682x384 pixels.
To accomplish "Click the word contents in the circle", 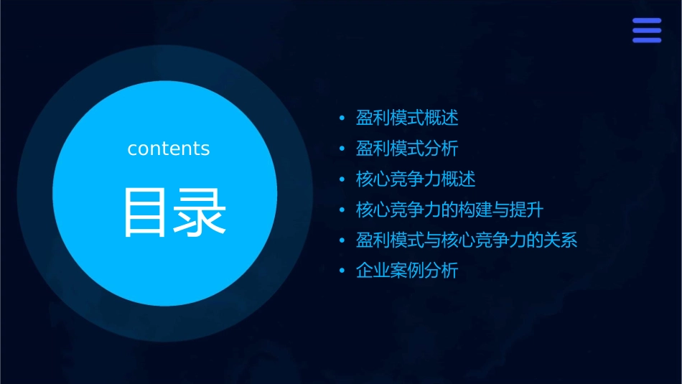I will point(169,149).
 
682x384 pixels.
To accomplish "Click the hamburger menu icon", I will point(646,30).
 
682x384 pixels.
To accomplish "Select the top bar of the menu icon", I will point(646,21).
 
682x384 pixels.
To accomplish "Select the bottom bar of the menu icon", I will point(646,40).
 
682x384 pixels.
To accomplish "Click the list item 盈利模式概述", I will point(407,118).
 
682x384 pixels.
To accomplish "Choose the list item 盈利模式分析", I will point(407,149).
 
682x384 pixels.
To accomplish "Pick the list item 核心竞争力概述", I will point(416,179).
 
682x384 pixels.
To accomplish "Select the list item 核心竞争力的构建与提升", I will point(449,210).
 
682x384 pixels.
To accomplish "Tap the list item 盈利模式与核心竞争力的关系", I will point(467,240).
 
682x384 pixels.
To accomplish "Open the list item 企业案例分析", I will point(407,271).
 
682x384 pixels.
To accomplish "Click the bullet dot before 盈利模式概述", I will point(342,118).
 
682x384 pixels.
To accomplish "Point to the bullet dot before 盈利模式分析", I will point(342,149).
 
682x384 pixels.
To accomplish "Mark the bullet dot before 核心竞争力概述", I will point(342,179).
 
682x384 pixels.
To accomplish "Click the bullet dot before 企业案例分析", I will point(342,271).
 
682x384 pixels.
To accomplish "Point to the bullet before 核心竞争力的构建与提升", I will point(342,210).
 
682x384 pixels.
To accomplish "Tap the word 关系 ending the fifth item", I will point(561,240).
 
